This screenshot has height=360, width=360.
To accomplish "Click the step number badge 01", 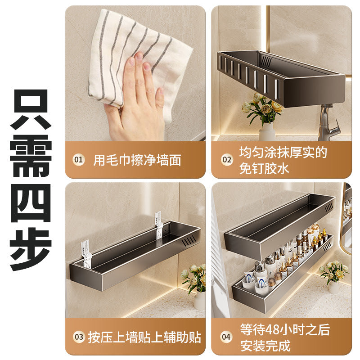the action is [x=78, y=160].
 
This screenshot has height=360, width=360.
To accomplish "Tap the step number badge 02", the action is [x=227, y=160].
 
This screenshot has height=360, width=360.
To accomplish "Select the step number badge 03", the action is [x=79, y=337].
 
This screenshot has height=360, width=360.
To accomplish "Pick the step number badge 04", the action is [x=226, y=337].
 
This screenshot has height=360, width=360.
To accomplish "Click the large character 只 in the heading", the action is [x=31, y=109].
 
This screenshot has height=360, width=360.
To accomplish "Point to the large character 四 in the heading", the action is [x=31, y=203].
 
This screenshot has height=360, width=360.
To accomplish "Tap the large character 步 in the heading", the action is [x=31, y=249].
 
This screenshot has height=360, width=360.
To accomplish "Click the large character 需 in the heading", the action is [x=31, y=156].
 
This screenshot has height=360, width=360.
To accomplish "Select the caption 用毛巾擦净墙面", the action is [x=137, y=160].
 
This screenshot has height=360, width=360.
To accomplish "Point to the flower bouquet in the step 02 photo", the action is [x=262, y=108].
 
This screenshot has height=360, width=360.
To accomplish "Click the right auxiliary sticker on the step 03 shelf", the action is [x=159, y=225].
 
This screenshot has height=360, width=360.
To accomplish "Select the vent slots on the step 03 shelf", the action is [x=189, y=241].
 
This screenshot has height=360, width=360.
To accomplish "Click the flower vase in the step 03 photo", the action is [x=199, y=300].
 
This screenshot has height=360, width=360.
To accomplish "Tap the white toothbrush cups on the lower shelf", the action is [x=255, y=285].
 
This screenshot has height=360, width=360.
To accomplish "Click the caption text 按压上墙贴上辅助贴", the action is [x=144, y=337].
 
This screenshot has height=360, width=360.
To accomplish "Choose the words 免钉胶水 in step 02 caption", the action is [x=264, y=168].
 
